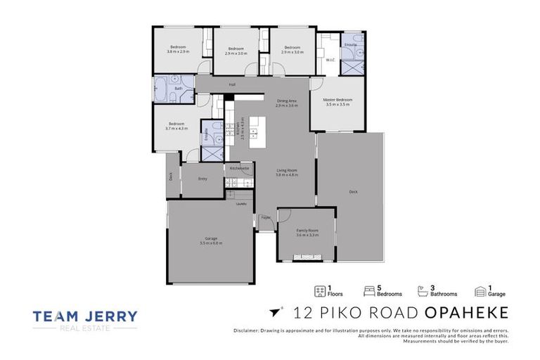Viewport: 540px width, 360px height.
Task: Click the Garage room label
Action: [x=210, y=240]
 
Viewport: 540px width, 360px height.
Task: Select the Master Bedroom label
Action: [x=337, y=101]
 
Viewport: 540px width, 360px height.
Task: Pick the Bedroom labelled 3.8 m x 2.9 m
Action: [x=179, y=49]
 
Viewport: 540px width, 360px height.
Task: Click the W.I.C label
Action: [x=330, y=60]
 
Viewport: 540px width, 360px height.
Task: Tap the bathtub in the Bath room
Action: [x=162, y=88]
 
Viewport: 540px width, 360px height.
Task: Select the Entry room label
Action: [x=202, y=179]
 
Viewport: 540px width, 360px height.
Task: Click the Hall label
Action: [x=231, y=85]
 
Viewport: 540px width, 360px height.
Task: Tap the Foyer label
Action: [x=266, y=217]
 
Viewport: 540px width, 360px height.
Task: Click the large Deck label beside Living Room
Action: [x=353, y=192]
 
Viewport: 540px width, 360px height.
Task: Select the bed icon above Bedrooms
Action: [x=368, y=288]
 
